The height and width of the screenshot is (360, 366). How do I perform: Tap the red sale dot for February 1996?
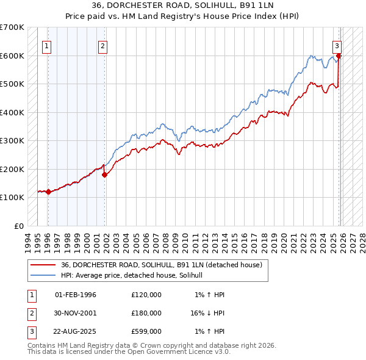(48, 192)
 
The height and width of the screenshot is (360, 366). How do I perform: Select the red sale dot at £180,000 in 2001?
(105, 175)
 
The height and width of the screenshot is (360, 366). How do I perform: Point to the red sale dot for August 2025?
(339, 56)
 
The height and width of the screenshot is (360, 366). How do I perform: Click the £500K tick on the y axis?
(12, 84)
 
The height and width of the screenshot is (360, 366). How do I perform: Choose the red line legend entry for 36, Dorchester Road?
(161, 265)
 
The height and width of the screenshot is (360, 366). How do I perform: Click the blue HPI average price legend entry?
(135, 276)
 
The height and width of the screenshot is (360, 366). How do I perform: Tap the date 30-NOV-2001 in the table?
(76, 312)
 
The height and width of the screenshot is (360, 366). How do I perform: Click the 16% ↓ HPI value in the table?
(208, 312)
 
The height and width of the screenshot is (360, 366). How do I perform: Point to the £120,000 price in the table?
(146, 295)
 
